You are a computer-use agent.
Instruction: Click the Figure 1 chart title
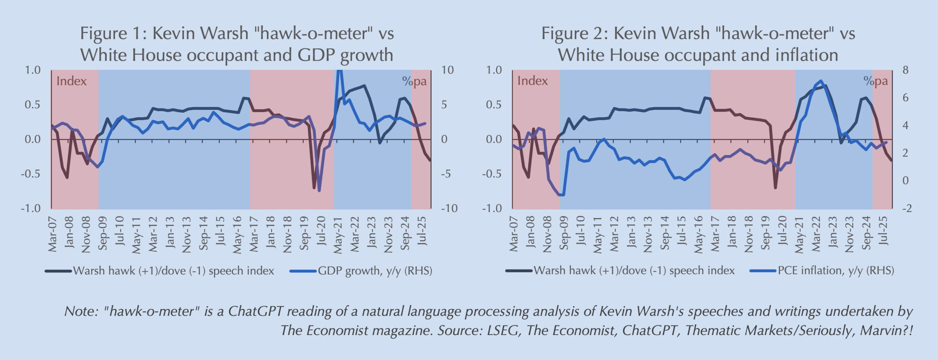[237, 44]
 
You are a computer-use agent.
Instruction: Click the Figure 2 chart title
[698, 44]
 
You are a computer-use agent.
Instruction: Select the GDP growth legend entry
[374, 271]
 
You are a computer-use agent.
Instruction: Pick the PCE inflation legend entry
[835, 271]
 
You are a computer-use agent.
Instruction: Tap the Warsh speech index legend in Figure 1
[173, 271]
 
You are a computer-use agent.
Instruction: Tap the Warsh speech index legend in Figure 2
[634, 271]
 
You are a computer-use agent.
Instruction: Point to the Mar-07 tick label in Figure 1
[53, 234]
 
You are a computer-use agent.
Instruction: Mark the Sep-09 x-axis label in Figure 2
[564, 233]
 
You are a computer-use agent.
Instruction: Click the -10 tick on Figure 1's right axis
[449, 209]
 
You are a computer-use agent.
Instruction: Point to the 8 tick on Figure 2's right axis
[905, 70]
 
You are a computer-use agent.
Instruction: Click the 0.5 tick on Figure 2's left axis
[494, 105]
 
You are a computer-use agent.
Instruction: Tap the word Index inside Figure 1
[71, 81]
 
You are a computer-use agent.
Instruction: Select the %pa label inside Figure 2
[875, 81]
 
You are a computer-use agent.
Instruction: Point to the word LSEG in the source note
[503, 330]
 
